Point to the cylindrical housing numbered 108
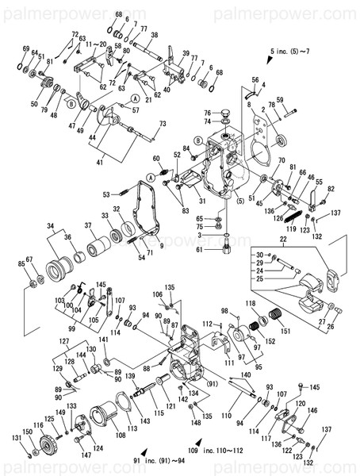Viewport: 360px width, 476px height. pyautogui.click(x=103, y=416)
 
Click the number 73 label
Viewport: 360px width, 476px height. pyautogui.click(x=162, y=123)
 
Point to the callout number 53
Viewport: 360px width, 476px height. pyautogui.click(x=105, y=194)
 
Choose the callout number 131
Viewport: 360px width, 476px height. pyautogui.click(x=15, y=438)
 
